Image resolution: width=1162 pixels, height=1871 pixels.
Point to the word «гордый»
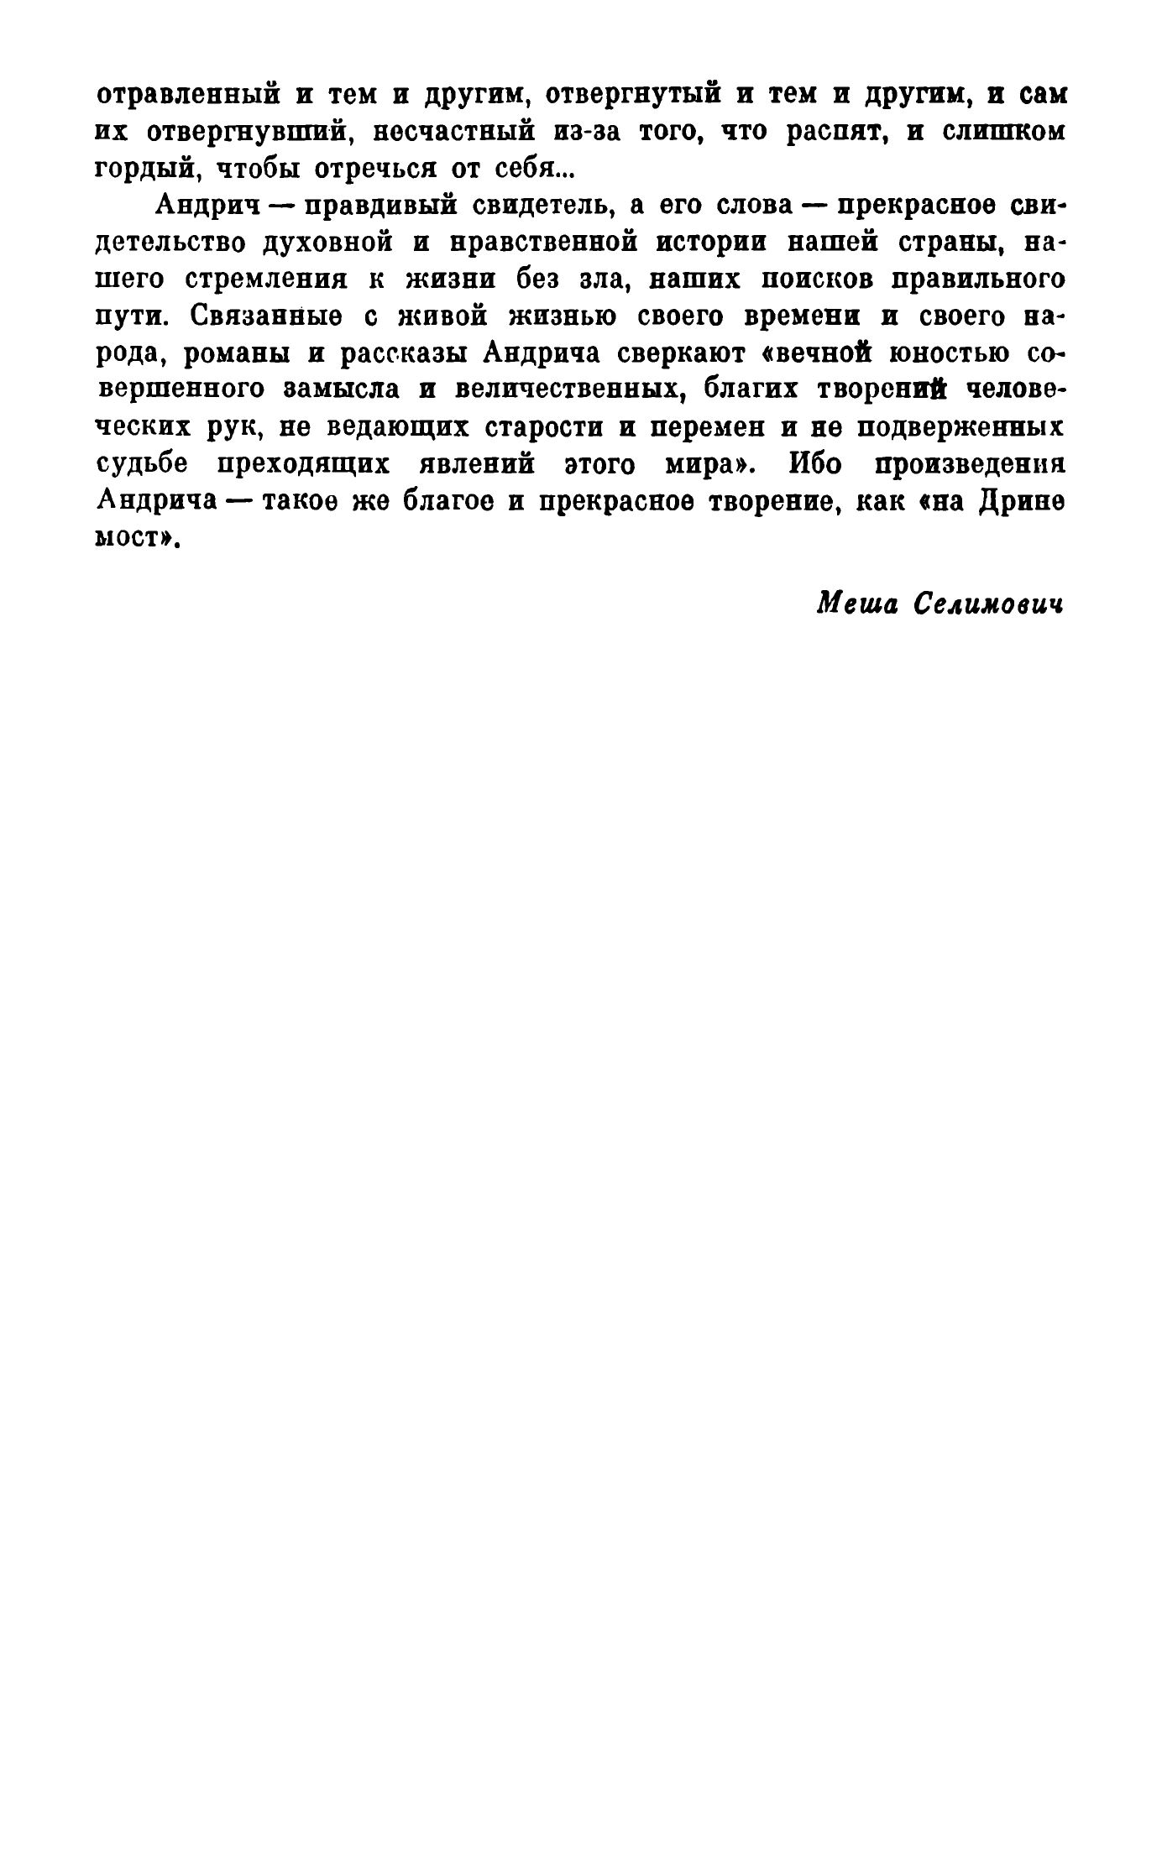tap(146, 170)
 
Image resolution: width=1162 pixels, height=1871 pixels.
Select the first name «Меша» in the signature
tap(855, 604)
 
